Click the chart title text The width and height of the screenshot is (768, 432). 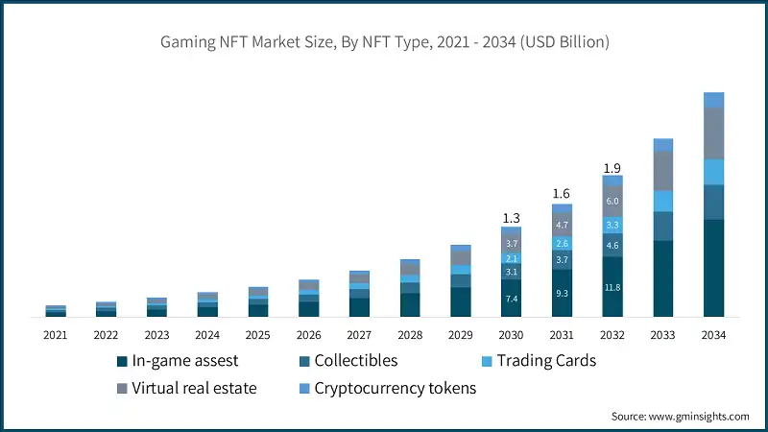384,42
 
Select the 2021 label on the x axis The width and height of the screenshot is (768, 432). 55,335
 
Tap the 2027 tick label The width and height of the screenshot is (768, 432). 359,335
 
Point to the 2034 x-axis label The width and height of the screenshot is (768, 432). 713,335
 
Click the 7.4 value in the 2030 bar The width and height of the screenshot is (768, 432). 511,300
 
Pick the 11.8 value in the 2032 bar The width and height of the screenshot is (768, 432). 612,287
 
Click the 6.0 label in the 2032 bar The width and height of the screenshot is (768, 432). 612,201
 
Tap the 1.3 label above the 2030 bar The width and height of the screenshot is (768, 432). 511,218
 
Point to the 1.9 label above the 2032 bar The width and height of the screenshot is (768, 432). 612,168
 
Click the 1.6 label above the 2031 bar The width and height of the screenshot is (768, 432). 562,193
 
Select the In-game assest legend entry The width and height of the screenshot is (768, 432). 177,362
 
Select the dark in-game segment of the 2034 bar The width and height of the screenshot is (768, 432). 713,269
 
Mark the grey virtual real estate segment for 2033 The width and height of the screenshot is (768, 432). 663,171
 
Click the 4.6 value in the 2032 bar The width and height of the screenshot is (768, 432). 612,246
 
